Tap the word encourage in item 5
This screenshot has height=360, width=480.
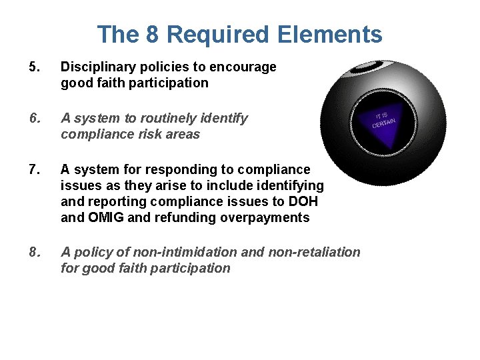[x=245, y=67]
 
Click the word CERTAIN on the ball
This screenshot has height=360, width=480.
[x=385, y=122]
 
